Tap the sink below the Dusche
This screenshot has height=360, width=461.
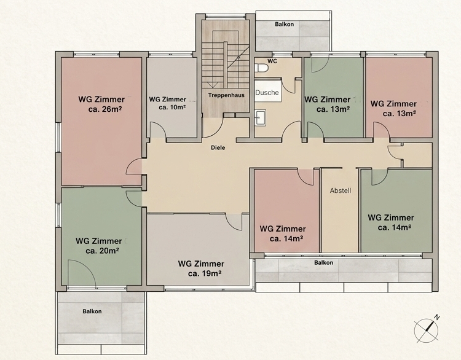point(260,118)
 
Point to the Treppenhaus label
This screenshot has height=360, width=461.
point(226,95)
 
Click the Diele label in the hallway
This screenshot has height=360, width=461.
point(218,147)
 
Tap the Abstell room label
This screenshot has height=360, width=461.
point(341,190)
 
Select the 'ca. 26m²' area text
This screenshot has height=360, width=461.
point(105,109)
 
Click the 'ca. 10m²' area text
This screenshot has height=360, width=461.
point(172,108)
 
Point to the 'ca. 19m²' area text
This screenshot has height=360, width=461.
point(205,273)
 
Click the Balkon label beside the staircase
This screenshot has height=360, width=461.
point(285,25)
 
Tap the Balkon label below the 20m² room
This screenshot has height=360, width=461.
point(92,311)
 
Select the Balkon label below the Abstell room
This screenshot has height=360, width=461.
point(324,262)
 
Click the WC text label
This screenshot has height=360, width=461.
point(272,61)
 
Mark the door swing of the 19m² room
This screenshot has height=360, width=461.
point(235,222)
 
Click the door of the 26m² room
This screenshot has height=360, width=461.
point(134,166)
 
